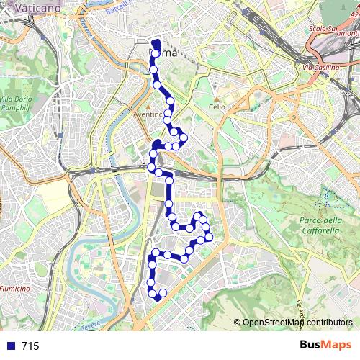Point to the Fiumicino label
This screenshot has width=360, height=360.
(14, 288)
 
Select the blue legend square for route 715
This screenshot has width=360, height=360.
(9, 346)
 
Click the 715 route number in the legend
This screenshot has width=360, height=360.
(30, 346)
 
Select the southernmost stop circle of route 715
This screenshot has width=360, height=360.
(158, 297)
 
